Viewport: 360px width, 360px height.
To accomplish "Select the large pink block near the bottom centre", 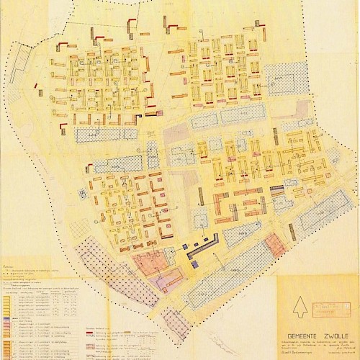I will (x=148, y=263).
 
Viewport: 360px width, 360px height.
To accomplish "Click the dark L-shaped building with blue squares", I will (x=206, y=245).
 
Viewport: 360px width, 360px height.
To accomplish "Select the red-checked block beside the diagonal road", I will (x=274, y=248).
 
